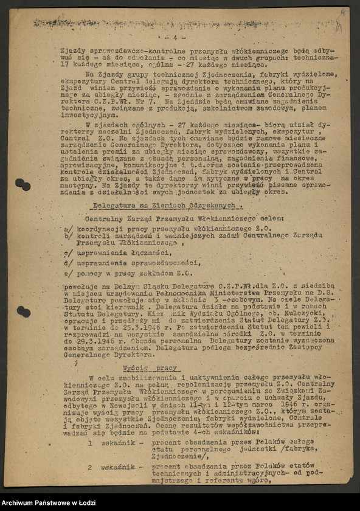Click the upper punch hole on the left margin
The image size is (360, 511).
tap(22, 184)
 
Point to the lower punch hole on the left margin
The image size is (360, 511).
tap(23, 311)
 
